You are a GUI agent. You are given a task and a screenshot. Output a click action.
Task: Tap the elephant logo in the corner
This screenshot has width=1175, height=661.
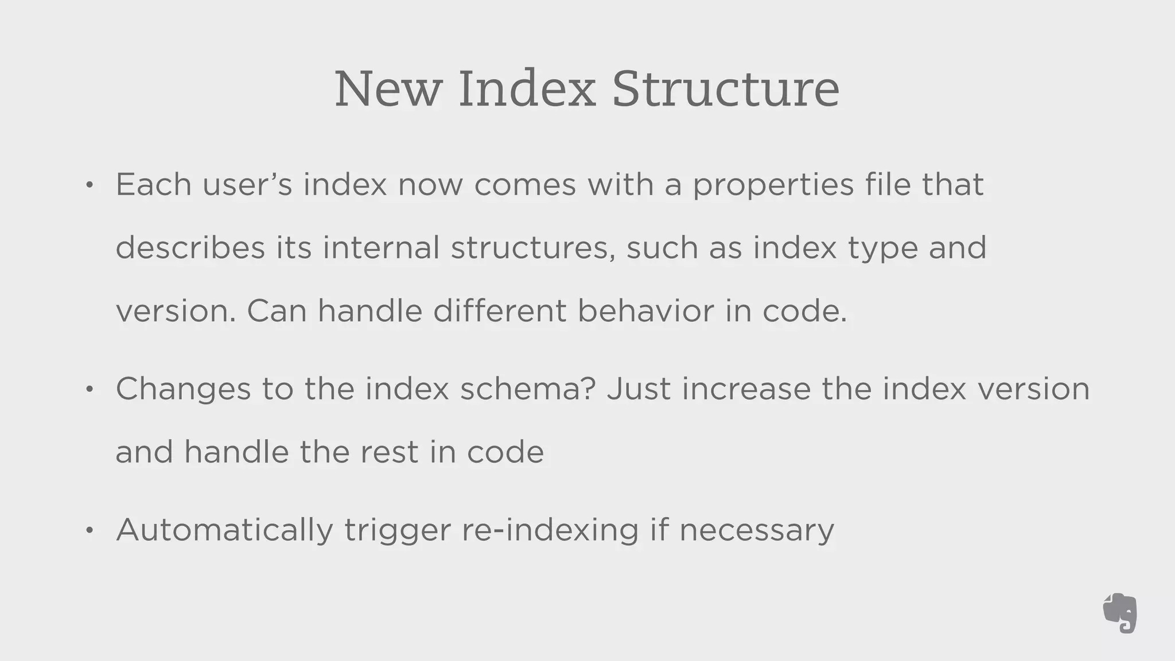pyautogui.click(x=1120, y=613)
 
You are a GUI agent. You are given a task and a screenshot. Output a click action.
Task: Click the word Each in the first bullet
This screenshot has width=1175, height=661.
pyautogui.click(x=153, y=184)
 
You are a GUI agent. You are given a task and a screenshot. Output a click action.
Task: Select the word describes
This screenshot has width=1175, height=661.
pyautogui.click(x=190, y=248)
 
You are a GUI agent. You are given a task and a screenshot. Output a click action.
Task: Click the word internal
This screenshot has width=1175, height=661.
pyautogui.click(x=381, y=247)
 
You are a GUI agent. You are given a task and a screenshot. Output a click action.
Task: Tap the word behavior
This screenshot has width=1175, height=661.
pyautogui.click(x=646, y=310)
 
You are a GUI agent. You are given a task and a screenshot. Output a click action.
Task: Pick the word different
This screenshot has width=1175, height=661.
pyautogui.click(x=499, y=310)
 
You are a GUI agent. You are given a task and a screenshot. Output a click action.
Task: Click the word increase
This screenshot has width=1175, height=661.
pyautogui.click(x=746, y=388)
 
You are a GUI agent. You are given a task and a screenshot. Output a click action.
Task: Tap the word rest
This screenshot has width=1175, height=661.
pyautogui.click(x=389, y=452)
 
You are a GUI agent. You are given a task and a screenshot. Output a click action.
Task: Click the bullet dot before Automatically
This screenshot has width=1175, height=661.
pyautogui.click(x=89, y=531)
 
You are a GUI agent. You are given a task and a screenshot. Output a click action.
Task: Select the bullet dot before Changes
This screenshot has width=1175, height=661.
pyautogui.click(x=89, y=390)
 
